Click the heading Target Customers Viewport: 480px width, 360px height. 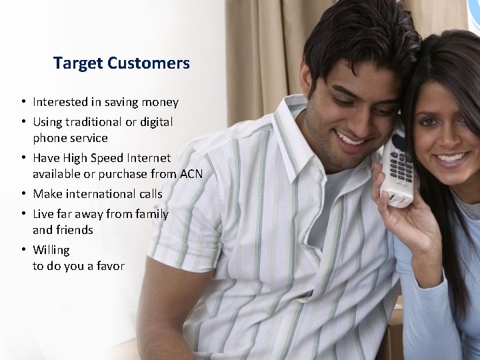pos(121,63)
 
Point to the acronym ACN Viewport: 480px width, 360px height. pos(191,174)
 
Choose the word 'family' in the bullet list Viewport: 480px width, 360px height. pos(151,214)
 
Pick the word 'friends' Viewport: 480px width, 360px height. pos(75,230)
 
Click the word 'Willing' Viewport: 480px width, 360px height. pos(51,250)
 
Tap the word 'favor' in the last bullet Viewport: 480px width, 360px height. pos(109,266)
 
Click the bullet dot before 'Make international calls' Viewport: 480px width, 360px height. pos(23,194)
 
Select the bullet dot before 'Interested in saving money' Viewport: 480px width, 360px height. pos(23,102)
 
